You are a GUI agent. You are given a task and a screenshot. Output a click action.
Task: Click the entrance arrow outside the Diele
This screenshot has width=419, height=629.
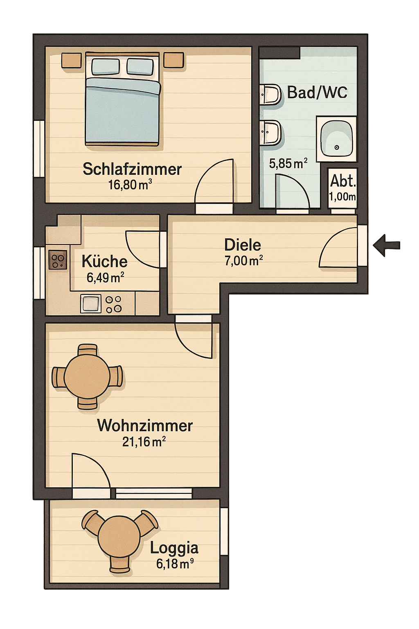pos(386,245)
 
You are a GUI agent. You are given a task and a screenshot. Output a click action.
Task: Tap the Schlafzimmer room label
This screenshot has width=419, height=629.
pos(132,169)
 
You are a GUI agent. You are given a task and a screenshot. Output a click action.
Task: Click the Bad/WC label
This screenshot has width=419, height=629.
pos(317,92)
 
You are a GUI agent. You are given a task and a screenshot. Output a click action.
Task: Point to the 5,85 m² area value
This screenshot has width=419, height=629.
pos(288,163)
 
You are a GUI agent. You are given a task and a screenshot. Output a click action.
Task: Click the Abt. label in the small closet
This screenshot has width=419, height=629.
pos(342,181)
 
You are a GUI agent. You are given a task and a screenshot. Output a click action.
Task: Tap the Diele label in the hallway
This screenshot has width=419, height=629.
pos(243,245)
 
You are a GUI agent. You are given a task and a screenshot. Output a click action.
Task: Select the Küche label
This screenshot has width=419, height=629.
pos(104,261)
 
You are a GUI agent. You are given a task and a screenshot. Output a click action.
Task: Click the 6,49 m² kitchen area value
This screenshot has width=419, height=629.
pos(105,278)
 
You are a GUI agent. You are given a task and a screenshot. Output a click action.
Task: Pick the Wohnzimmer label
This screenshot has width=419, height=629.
pos(145,426)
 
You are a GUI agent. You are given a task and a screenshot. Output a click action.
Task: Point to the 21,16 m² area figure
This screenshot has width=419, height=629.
pos(144,442)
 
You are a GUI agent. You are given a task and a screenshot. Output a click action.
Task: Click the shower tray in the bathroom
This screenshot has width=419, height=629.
pos(336,139)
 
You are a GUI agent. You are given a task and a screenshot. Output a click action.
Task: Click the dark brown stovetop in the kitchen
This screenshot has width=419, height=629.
pos(58,260)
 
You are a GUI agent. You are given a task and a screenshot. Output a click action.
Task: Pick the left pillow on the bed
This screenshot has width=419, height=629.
pos(106,66)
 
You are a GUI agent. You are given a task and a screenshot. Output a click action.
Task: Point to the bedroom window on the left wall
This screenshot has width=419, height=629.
pos(39,149)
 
